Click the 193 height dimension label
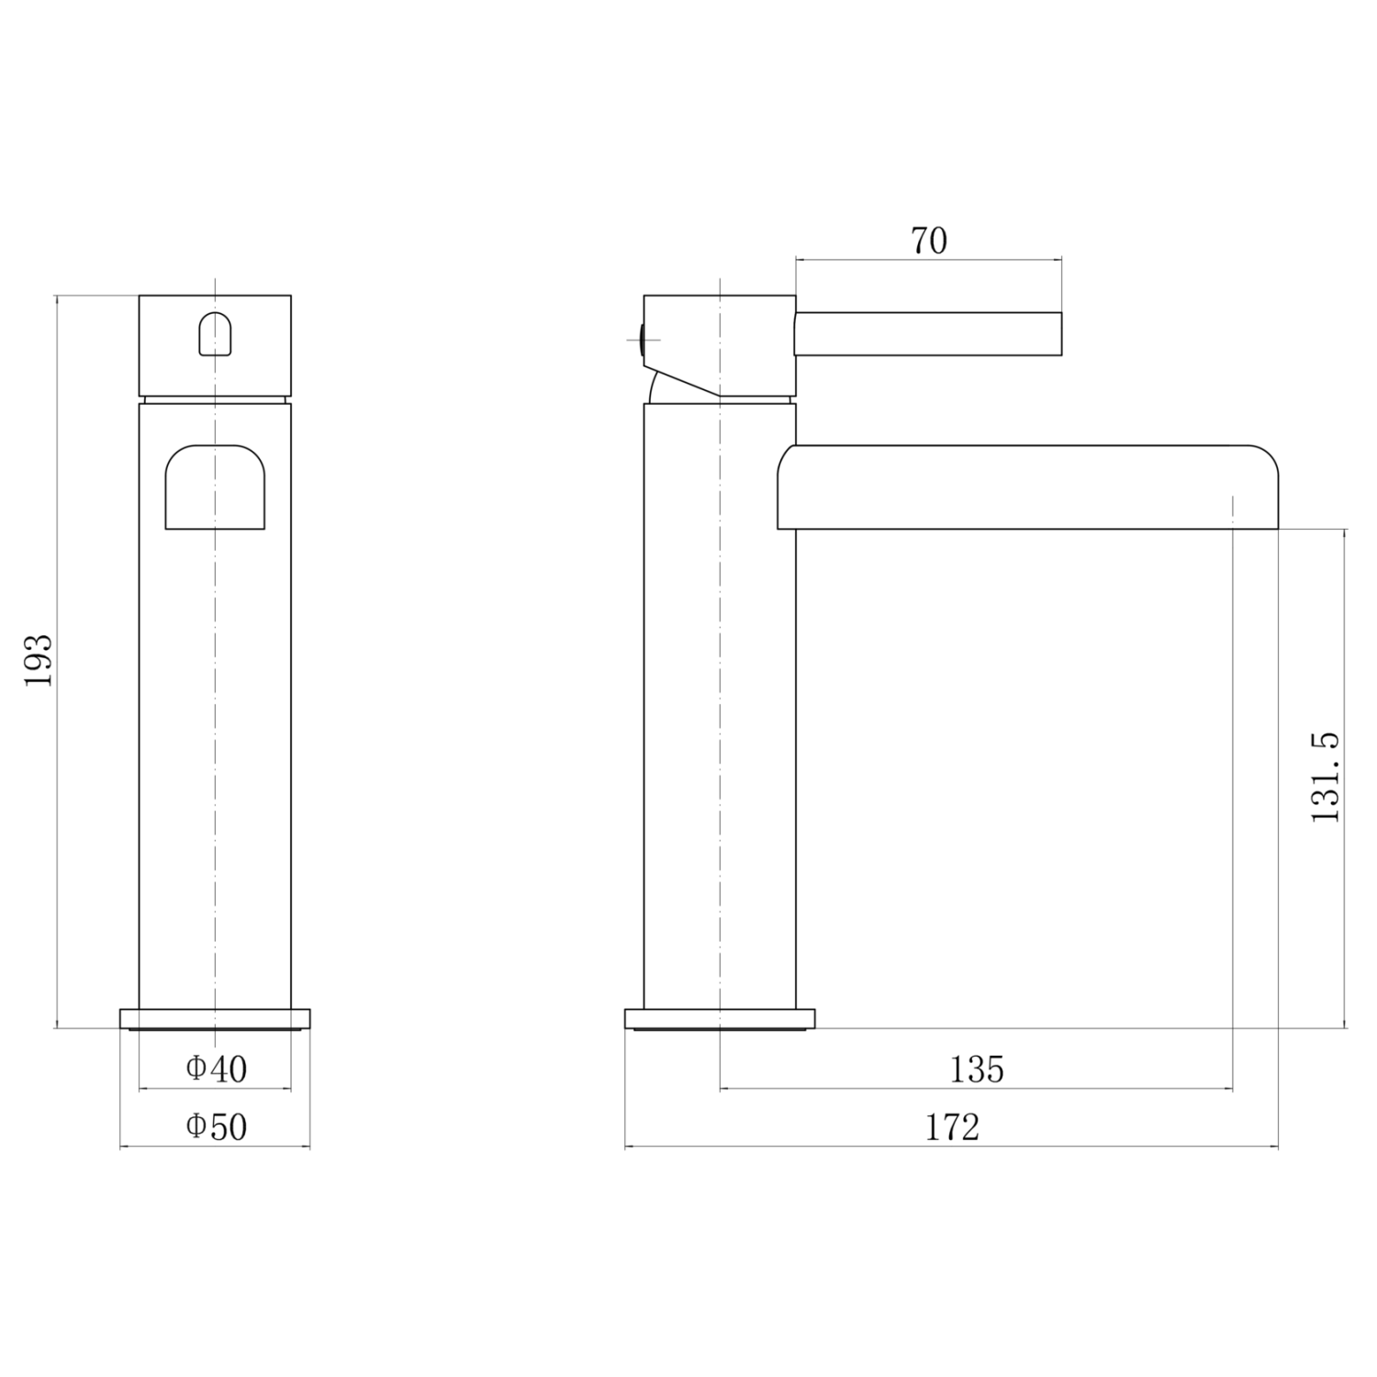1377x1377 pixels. [39, 660]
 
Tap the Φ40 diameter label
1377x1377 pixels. [217, 1068]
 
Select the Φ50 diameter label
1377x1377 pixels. [217, 1126]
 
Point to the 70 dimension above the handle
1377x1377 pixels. [928, 241]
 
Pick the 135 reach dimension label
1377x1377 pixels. [977, 1069]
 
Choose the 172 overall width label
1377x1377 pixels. [952, 1126]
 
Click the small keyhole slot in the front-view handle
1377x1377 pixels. [215, 332]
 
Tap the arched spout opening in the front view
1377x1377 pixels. [215, 487]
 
